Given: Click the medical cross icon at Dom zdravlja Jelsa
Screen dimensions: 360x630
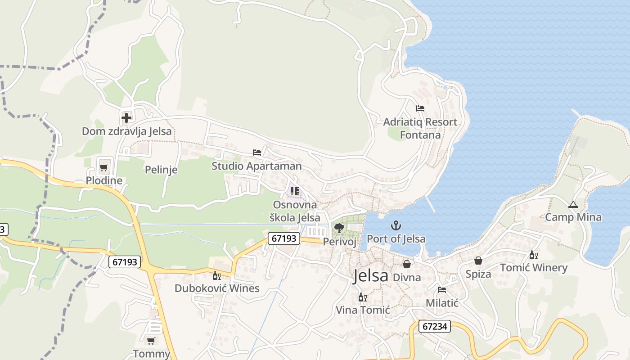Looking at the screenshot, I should click(x=126, y=118).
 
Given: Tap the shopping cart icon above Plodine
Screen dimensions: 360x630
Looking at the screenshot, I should click(x=104, y=168).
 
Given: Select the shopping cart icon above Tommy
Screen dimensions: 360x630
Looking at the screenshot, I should click(x=151, y=341).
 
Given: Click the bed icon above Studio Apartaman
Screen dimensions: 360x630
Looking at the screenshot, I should click(x=257, y=153).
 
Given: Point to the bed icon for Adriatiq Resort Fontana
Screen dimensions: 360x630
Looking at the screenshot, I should click(x=420, y=108).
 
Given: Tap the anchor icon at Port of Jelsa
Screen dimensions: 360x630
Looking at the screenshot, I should click(x=396, y=225).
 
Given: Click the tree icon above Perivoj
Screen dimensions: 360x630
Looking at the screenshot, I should click(x=339, y=228).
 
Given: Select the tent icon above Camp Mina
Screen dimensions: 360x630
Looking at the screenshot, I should click(x=573, y=205).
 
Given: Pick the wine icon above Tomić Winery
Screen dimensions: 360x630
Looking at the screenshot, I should click(x=534, y=255).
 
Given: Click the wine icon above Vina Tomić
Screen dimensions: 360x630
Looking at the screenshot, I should click(x=362, y=297).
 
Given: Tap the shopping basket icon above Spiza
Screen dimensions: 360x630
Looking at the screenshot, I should click(x=478, y=261).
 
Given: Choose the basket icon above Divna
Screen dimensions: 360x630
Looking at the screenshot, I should click(x=407, y=264).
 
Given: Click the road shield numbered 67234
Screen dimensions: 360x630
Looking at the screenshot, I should click(x=435, y=327).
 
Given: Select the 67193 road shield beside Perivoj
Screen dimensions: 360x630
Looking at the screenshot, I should click(x=284, y=238).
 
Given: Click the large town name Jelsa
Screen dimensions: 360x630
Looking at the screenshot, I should click(x=371, y=275).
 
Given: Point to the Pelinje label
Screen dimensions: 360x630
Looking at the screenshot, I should click(x=161, y=170).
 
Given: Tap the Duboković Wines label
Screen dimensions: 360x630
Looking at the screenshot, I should click(x=217, y=288).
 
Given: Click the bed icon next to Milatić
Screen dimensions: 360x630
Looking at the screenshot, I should click(x=442, y=290).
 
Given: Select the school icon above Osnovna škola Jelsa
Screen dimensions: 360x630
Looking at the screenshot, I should click(x=295, y=191).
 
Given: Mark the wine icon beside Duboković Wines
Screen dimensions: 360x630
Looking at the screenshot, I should click(x=216, y=275).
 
